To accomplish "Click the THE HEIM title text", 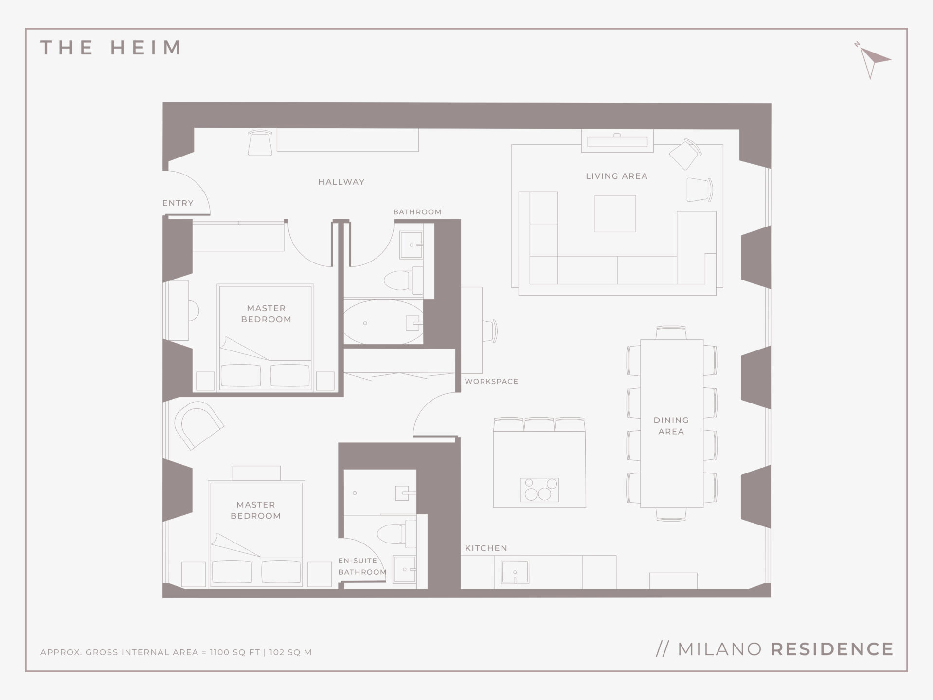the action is point(111,48).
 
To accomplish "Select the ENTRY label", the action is point(178,203).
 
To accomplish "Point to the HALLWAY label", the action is point(341,182).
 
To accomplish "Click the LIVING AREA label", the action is point(617,176).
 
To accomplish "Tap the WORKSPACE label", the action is point(491,381).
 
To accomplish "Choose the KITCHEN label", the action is point(486,548).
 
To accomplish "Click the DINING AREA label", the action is point(671,425).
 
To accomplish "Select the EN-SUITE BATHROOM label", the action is point(362,566).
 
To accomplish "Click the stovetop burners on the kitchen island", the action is point(539,490).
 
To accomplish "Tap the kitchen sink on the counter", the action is point(515,572).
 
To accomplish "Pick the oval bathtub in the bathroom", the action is point(383,322).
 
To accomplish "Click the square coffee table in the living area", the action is point(615,213).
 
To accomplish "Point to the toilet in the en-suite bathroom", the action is point(397,532).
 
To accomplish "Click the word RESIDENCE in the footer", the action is point(832,649).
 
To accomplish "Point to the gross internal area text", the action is point(176,652).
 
